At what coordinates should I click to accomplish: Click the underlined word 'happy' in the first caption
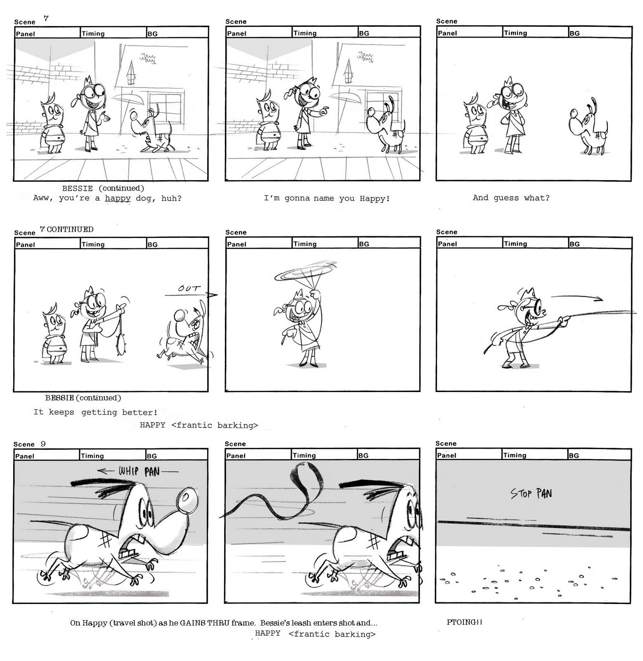[118, 198]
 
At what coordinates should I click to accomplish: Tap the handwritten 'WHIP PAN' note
[139, 471]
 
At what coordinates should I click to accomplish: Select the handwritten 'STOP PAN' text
[531, 493]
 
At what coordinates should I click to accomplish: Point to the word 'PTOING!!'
[464, 622]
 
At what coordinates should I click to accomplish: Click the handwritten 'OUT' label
[189, 288]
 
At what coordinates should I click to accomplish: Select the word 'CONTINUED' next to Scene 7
[70, 229]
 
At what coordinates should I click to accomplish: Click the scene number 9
[43, 444]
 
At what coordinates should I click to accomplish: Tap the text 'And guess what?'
[511, 198]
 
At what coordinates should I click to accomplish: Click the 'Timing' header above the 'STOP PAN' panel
[515, 455]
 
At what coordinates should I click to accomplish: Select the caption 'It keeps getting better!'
[95, 412]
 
